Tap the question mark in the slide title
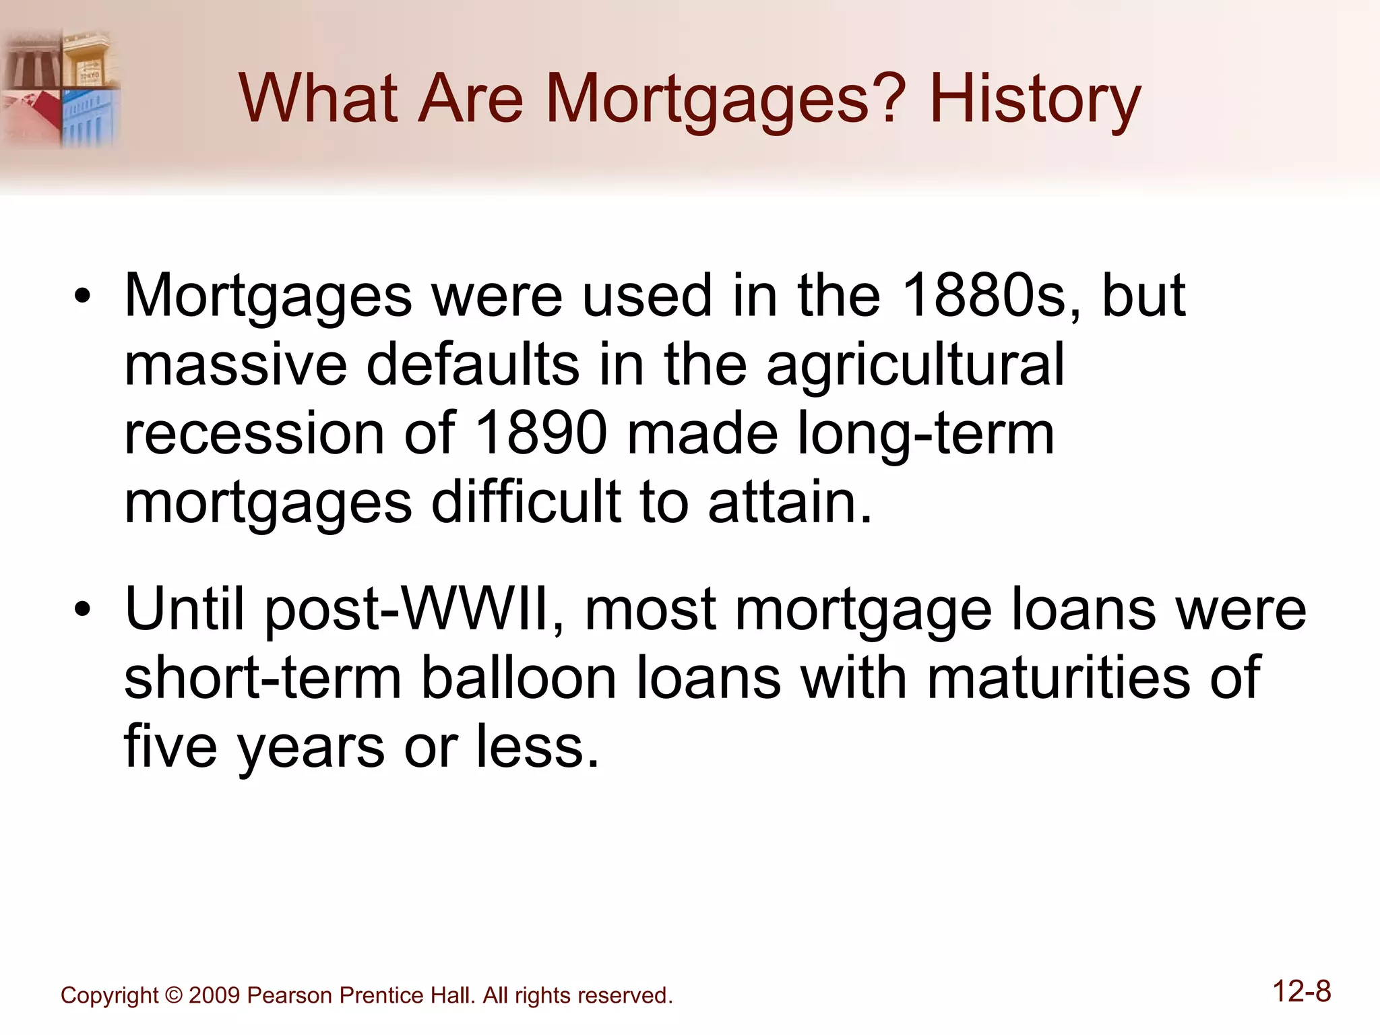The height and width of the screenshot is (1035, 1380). point(885,99)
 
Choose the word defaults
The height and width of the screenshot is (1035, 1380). point(473,364)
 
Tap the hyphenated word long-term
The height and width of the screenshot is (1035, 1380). point(926,435)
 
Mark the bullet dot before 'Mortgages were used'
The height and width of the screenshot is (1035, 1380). point(82,296)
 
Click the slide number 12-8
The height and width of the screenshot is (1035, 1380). point(1301,992)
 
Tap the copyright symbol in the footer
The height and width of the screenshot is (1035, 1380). point(173,995)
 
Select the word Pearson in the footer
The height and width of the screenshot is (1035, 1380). point(288,995)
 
